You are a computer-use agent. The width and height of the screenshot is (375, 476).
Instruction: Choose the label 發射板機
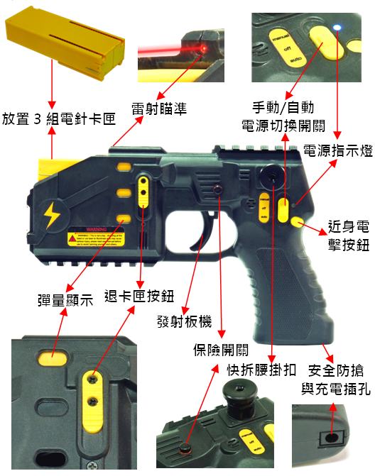(184, 321)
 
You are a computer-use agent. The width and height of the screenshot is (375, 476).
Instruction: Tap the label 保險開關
(221, 349)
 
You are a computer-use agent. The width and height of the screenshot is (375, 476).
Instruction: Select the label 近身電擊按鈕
(348, 237)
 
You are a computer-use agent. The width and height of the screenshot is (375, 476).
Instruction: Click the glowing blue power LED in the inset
(337, 28)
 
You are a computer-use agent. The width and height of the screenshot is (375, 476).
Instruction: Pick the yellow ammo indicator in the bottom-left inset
(52, 357)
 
